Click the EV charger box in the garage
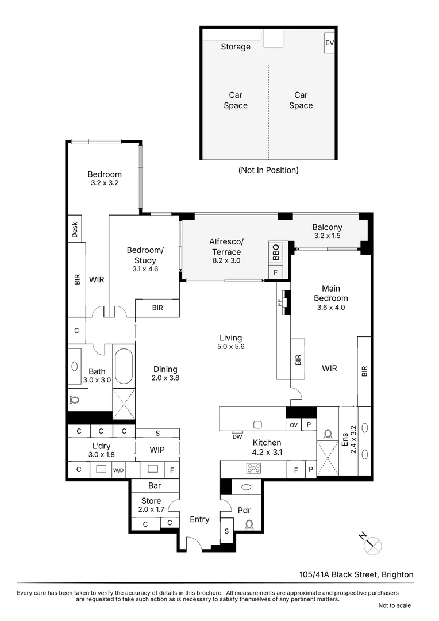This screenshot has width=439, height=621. (329, 43)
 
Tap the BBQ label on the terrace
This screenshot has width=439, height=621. (275, 252)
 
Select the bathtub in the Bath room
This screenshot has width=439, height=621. (124, 366)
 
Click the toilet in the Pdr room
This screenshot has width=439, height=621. (249, 524)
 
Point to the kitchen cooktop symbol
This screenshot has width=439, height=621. (253, 468)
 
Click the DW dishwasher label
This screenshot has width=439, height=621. (237, 436)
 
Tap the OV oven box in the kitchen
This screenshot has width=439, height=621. (294, 425)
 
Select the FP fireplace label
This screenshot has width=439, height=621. (280, 302)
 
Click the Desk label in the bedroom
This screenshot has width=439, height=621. (75, 230)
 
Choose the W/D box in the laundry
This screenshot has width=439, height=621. (118, 470)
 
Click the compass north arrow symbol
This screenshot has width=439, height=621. (372, 543)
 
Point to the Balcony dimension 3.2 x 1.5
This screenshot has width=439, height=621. (328, 236)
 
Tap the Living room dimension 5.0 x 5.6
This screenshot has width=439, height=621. (230, 347)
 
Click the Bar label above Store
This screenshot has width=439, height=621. (155, 485)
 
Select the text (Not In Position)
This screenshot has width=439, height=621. (268, 170)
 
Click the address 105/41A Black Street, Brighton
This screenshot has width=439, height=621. (356, 574)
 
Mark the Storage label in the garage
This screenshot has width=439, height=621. (236, 47)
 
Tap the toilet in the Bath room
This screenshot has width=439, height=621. (73, 400)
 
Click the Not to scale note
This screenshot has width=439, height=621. (394, 605)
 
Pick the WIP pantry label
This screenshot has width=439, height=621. (157, 450)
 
